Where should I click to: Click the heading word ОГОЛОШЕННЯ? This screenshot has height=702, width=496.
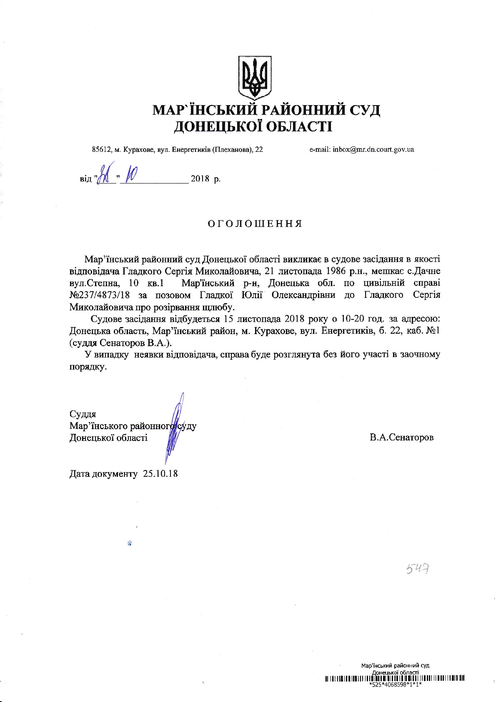point(255,224)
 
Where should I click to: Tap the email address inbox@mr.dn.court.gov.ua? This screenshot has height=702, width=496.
point(373,149)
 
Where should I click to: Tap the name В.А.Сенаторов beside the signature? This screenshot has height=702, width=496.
point(401,438)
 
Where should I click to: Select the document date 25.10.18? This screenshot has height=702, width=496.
point(160,474)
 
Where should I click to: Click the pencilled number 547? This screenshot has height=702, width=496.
point(418,569)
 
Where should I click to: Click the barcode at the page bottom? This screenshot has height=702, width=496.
point(394,678)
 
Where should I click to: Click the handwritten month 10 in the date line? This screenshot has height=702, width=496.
point(130,177)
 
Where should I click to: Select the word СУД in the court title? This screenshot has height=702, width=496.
point(365,110)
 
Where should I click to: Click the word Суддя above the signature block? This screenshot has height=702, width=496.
point(83,414)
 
